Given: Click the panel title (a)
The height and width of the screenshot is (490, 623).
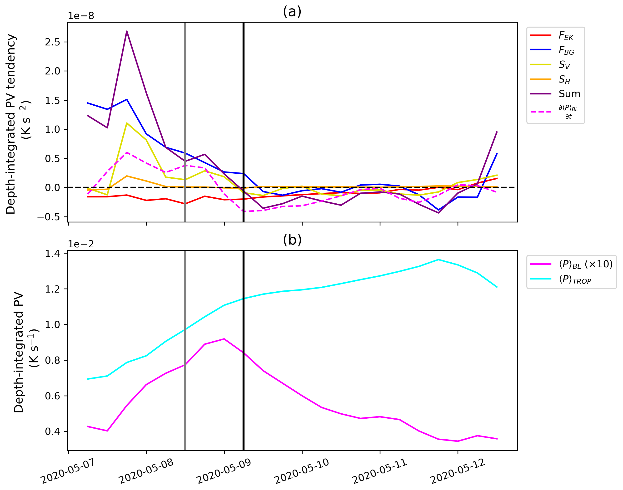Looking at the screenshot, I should pyautogui.click(x=292, y=12).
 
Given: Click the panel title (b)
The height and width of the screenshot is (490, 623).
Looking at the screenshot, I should pyautogui.click(x=292, y=240).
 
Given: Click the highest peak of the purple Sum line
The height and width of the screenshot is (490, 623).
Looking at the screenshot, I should pyautogui.click(x=127, y=31).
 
